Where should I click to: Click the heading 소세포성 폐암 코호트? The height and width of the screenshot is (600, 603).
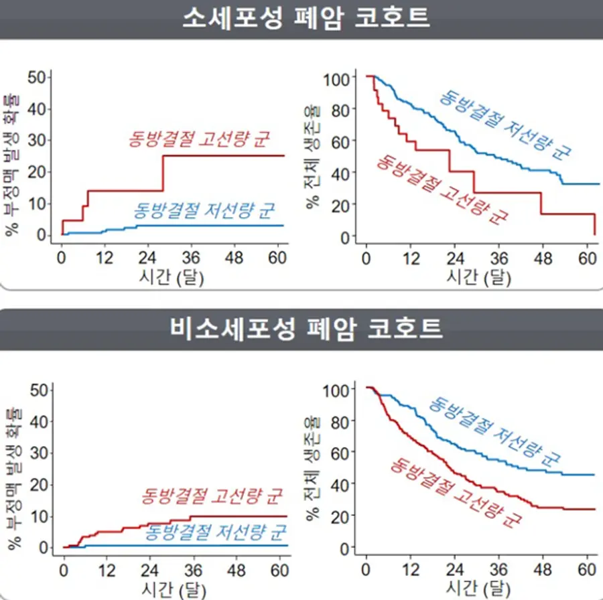(306, 18)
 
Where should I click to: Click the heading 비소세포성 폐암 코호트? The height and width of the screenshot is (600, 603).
(306, 329)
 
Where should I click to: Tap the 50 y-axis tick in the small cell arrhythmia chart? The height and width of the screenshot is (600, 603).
(37, 77)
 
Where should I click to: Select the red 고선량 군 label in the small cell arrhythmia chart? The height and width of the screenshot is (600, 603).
(198, 139)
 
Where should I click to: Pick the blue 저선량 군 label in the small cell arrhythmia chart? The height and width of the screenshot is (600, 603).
(204, 210)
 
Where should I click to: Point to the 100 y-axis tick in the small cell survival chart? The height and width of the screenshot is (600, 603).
(336, 80)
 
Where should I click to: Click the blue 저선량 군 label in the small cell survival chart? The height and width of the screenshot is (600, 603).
(505, 125)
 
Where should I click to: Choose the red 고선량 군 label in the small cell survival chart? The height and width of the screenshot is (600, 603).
(442, 189)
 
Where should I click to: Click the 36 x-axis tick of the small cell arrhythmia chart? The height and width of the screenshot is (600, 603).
(191, 258)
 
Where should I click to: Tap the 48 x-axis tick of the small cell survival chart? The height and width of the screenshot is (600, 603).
(543, 258)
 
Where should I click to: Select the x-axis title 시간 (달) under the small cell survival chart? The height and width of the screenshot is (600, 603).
(478, 277)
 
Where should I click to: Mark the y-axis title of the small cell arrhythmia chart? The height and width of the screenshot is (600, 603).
(12, 165)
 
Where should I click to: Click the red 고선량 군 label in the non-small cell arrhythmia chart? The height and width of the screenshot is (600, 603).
(212, 496)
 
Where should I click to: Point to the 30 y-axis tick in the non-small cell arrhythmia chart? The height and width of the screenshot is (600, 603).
(39, 453)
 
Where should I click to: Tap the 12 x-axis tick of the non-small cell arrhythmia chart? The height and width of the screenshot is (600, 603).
(107, 571)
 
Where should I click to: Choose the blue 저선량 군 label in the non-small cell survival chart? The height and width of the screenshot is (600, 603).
(494, 432)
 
